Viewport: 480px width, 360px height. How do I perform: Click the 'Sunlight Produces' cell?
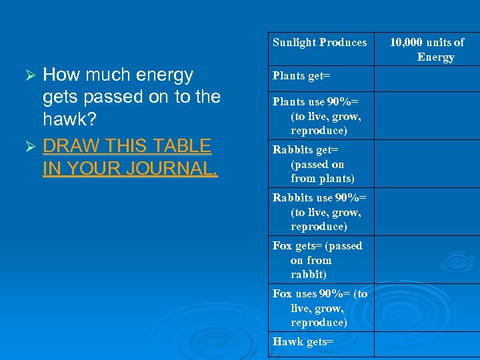[x=320, y=43]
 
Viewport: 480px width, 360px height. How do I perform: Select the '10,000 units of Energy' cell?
[x=427, y=49]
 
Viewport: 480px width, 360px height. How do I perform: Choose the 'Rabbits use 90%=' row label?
[x=320, y=212]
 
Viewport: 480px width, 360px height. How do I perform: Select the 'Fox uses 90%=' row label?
[x=320, y=308]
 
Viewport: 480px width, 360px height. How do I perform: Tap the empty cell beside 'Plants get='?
[x=427, y=77]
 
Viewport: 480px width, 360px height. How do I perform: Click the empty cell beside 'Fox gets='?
[x=427, y=260]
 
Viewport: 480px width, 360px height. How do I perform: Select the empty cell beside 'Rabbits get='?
[x=427, y=164]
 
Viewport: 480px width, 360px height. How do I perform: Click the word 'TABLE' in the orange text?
[x=181, y=145]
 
